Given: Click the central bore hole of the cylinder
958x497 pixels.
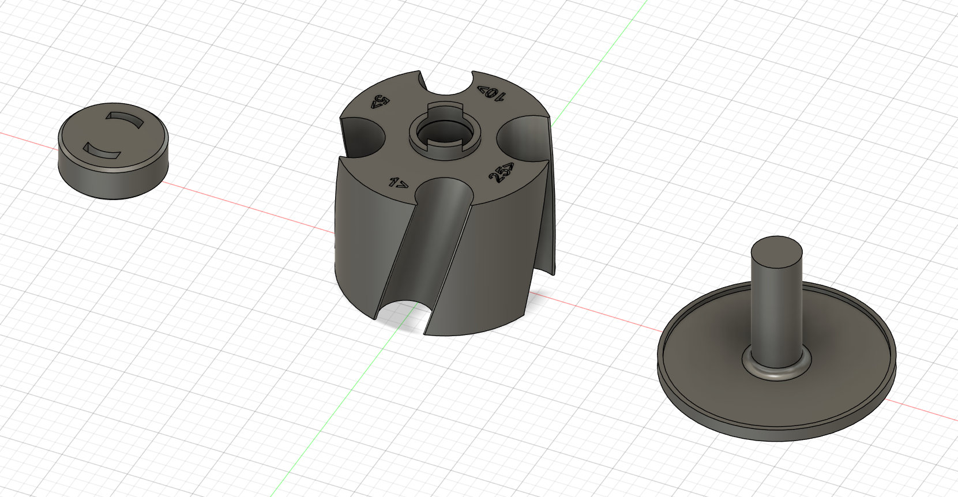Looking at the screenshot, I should click(443, 132).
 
